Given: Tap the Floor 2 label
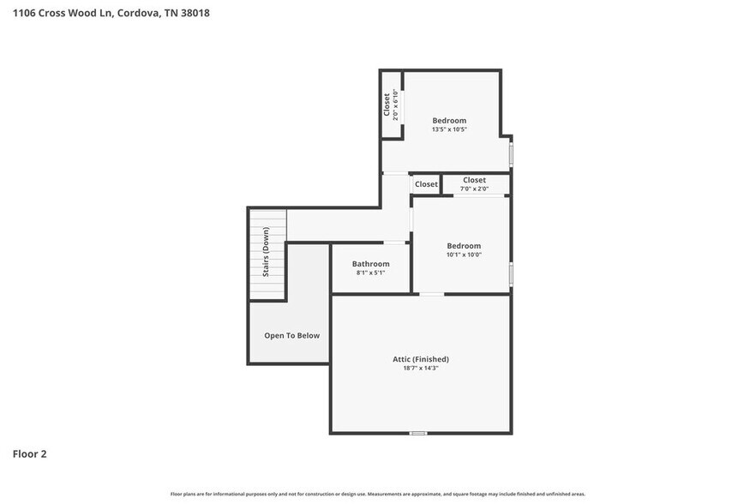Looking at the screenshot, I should click(29, 453).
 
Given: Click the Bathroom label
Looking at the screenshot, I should click(370, 264).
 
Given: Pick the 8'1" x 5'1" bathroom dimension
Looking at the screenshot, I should click(370, 273).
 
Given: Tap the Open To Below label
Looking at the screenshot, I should click(291, 335).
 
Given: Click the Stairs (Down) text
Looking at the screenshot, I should click(267, 252).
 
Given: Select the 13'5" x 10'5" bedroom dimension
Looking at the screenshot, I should click(449, 129).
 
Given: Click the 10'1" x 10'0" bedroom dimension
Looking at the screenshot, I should click(464, 255).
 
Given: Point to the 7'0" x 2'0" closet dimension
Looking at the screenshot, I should click(474, 189).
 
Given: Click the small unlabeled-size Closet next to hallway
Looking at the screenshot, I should click(426, 184).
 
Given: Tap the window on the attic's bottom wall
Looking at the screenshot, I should click(417, 433).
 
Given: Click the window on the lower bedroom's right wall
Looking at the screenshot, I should click(511, 273).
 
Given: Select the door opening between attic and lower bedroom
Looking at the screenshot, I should click(431, 294).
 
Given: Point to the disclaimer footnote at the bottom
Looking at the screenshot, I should click(377, 494).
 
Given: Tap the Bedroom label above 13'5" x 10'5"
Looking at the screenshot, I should click(449, 120).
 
